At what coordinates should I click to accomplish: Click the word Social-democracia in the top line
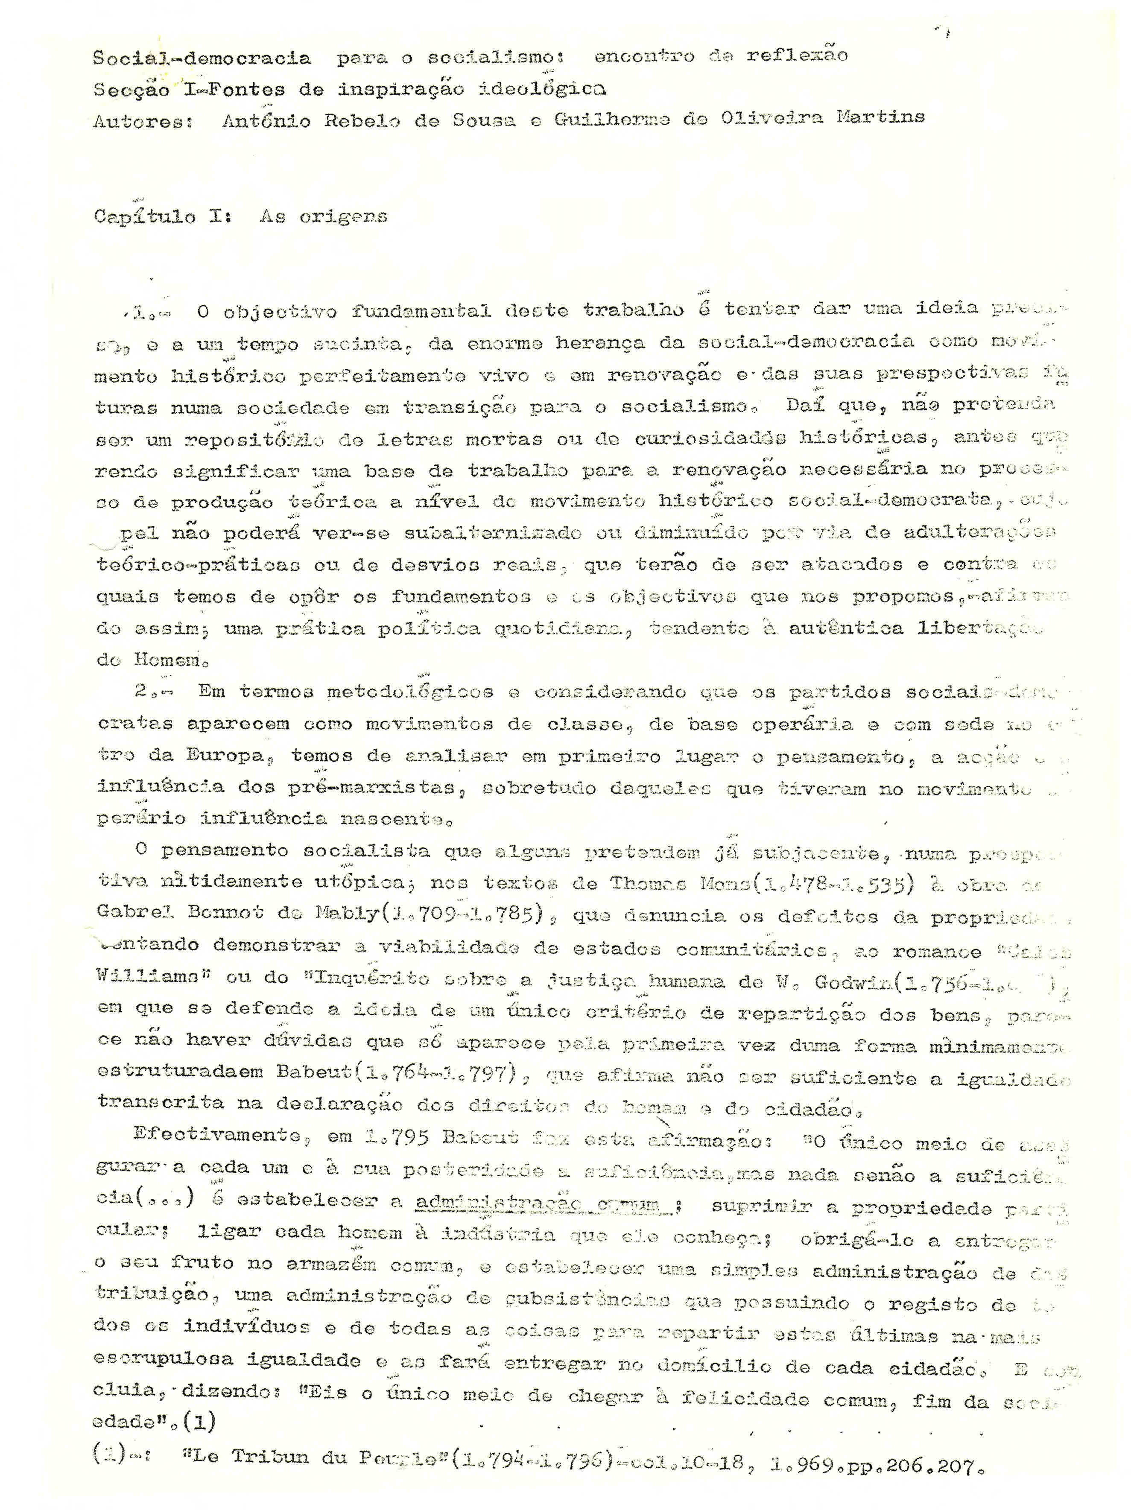pyautogui.click(x=202, y=59)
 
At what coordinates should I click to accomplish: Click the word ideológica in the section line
pyautogui.click(x=543, y=89)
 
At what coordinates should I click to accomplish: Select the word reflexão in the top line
pyautogui.click(x=797, y=56)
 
